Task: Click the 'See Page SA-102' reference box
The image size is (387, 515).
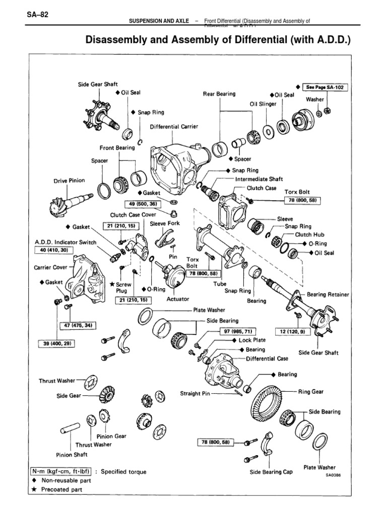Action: click(327, 87)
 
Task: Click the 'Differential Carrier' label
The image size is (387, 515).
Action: click(174, 127)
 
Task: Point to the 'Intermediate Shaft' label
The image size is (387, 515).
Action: click(259, 179)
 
